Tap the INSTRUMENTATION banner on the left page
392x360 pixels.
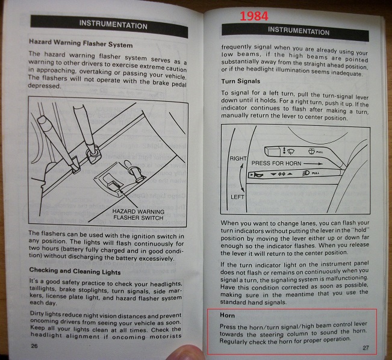click(114, 26)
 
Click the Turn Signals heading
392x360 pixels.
click(241, 81)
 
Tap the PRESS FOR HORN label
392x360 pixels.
click(274, 163)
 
